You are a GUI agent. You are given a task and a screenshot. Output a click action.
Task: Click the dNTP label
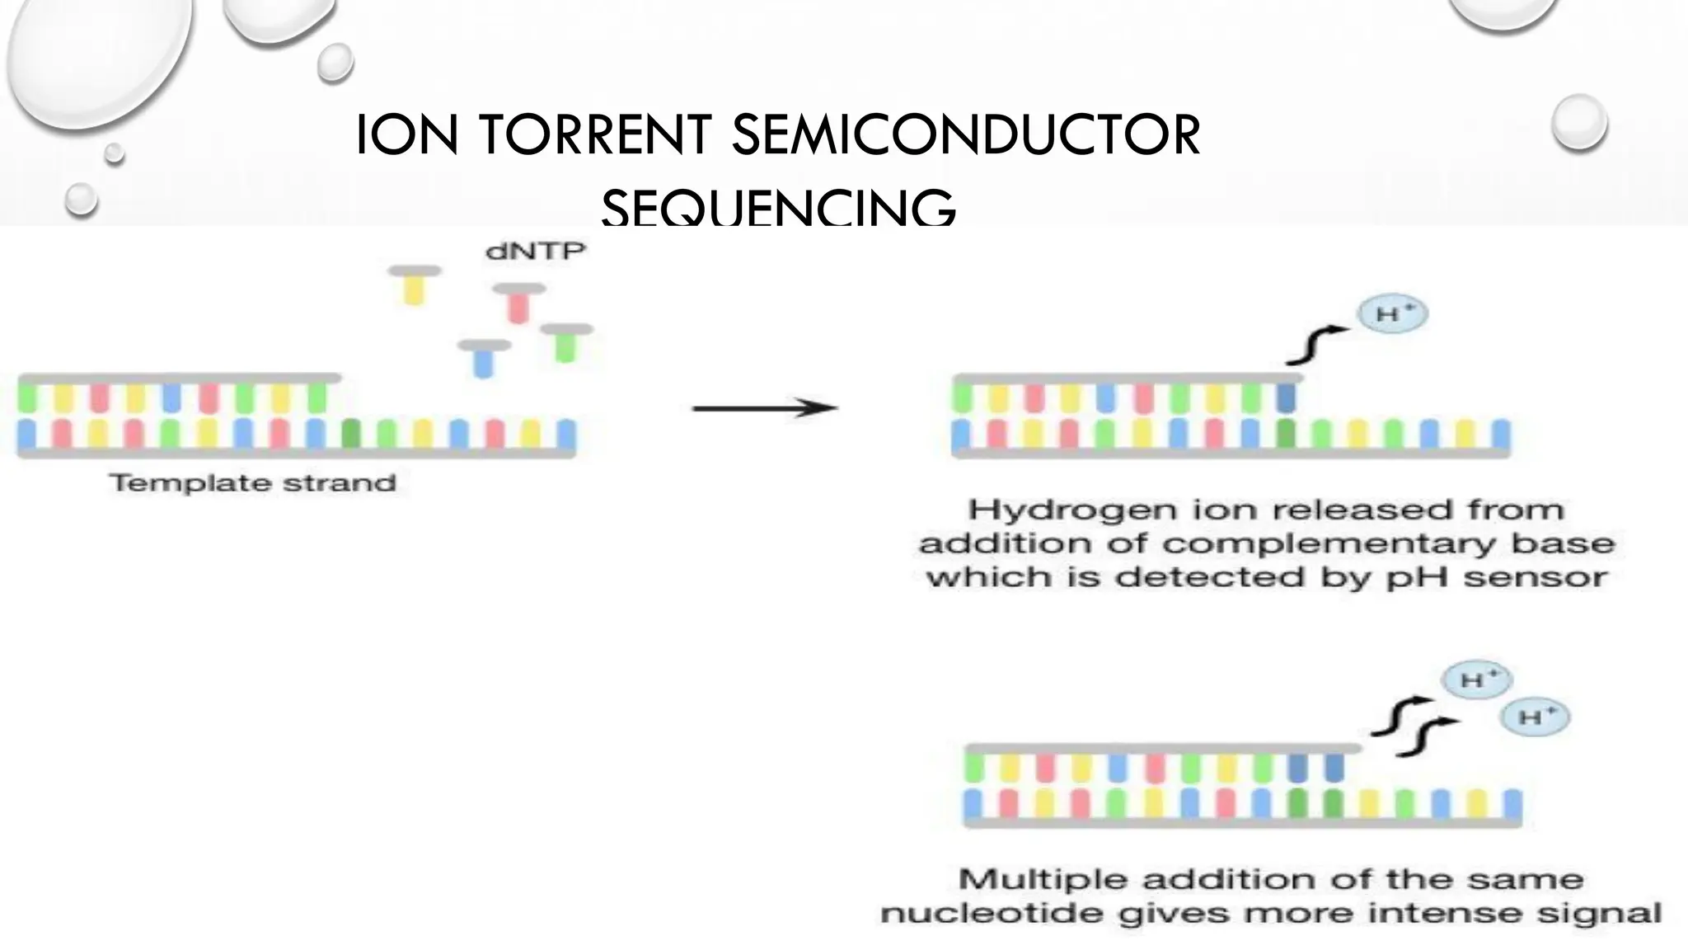click(536, 251)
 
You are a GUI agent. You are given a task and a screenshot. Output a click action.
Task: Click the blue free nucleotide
click(484, 358)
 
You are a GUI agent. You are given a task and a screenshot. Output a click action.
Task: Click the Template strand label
click(253, 482)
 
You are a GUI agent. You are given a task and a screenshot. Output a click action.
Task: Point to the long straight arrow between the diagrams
click(764, 407)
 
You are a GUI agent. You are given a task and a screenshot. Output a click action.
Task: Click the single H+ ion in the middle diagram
click(1392, 314)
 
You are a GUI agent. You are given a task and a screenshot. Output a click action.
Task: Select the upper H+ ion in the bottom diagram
click(1475, 680)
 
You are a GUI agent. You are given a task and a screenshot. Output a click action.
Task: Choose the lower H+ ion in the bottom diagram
click(1534, 717)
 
